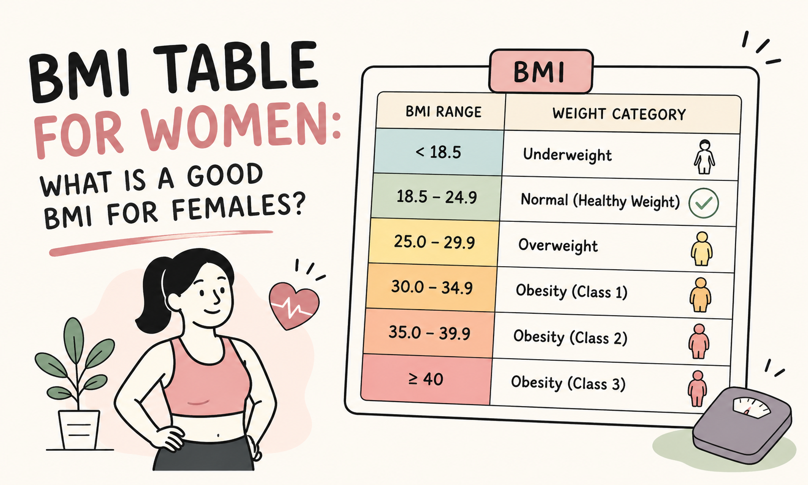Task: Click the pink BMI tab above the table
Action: [540, 71]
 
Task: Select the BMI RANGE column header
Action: [443, 111]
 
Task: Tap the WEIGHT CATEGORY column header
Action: [619, 114]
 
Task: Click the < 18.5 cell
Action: [438, 152]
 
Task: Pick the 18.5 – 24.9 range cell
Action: [436, 197]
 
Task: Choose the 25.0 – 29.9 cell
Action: [434, 242]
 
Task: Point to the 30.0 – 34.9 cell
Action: [432, 288]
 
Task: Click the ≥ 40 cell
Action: [426, 379]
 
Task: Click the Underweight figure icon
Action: [704, 157]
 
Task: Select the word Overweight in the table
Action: [557, 246]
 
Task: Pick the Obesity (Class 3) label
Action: [568, 383]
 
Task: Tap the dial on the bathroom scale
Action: [752, 408]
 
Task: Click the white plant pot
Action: [79, 430]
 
